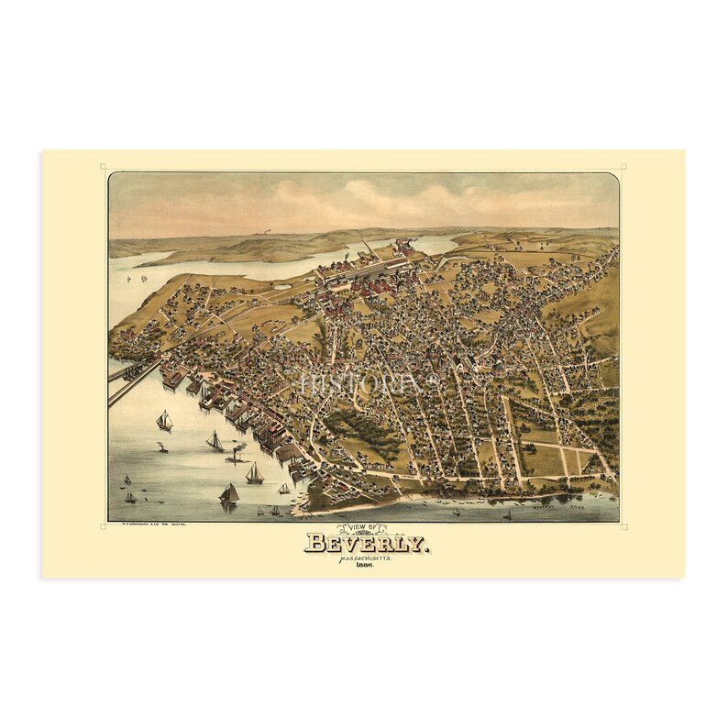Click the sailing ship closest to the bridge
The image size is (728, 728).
[165, 420]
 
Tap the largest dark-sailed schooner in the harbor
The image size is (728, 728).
[228, 493]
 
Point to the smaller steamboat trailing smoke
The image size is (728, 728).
[162, 448]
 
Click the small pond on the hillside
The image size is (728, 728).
[281, 286]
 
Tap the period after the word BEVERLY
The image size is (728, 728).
[424, 548]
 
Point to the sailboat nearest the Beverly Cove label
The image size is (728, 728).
[506, 515]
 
